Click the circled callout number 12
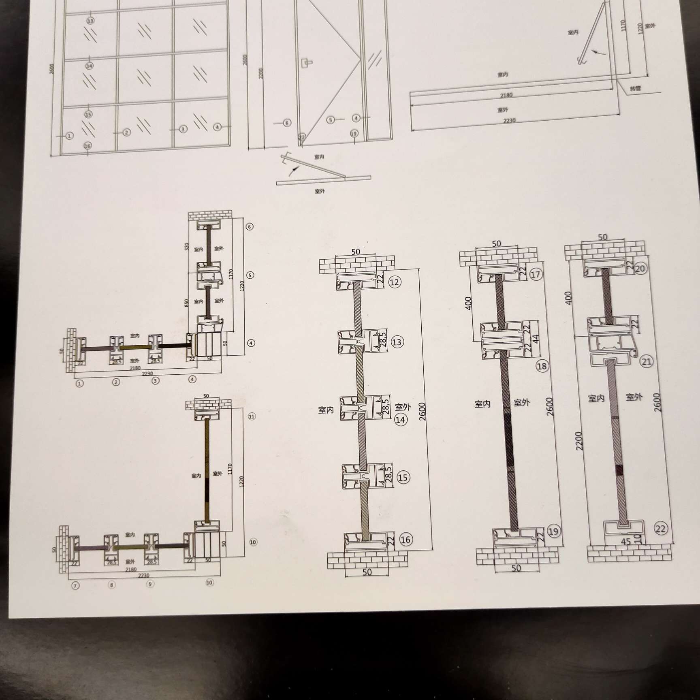pos(394,282)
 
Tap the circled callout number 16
pos(405,539)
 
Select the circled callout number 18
pos(542,366)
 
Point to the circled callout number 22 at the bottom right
pos(660,528)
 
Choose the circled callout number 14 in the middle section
pos(400,420)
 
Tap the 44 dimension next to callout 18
pos(536,339)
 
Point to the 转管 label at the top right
pos(635,88)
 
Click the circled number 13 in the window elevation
pos(90,20)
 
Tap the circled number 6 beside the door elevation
pos(287,123)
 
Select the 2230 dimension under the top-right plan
pos(509,121)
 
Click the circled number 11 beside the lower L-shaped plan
pos(252,416)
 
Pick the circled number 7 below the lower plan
pos(75,586)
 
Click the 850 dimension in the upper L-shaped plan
pos(186,303)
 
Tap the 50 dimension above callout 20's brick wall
pos(602,237)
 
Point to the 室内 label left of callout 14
pos(326,410)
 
